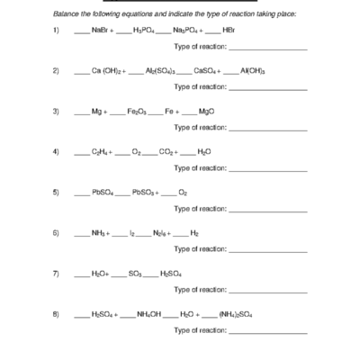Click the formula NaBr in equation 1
(x=100, y=31)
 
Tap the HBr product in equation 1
(x=228, y=31)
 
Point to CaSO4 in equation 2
(x=206, y=71)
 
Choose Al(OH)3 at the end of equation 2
(x=253, y=71)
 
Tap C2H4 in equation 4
(x=101, y=152)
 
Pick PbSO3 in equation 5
(x=145, y=192)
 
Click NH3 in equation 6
(x=100, y=232)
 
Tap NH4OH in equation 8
(x=148, y=314)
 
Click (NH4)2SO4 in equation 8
(x=236, y=314)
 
